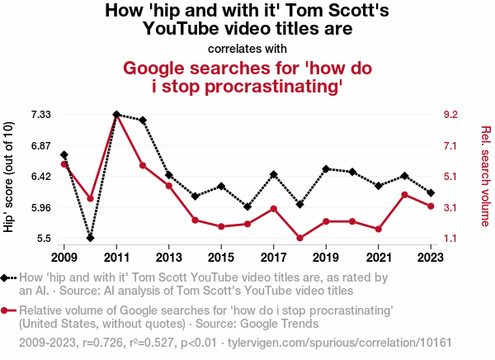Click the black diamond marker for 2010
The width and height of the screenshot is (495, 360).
point(91,238)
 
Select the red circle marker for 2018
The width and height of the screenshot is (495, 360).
point(300,239)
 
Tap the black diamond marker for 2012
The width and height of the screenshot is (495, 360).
point(143,121)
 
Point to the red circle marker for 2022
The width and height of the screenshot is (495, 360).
point(405,195)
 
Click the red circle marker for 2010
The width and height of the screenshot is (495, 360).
point(91,198)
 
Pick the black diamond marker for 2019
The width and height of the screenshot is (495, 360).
point(327,168)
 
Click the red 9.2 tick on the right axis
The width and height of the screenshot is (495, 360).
point(450,114)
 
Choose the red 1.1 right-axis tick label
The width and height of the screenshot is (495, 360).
point(450,239)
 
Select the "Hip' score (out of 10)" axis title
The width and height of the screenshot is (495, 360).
point(10,176)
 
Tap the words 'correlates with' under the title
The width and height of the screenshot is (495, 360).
point(247,49)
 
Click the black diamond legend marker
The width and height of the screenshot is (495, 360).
point(7,278)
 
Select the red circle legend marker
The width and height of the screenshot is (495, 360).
point(7,310)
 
